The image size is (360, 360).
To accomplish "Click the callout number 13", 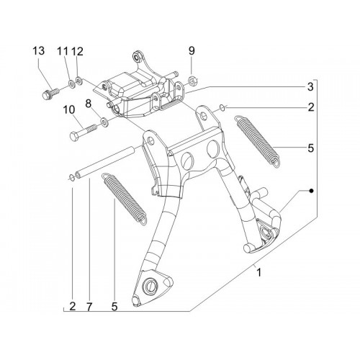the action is [x=39, y=51].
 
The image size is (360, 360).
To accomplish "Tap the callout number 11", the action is [x=63, y=51].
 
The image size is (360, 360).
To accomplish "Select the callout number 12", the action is [x=77, y=51].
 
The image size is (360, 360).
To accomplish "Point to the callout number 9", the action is [x=192, y=51].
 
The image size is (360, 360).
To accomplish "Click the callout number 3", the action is [x=310, y=86].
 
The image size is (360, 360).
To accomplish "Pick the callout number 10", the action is [x=69, y=110].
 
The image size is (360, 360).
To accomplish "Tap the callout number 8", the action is [x=89, y=104].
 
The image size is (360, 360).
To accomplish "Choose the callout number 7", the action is [x=89, y=307].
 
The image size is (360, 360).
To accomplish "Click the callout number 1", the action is [x=258, y=273].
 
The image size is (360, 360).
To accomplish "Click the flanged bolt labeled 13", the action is [x=50, y=94].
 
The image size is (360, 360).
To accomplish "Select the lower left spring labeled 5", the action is [x=124, y=199].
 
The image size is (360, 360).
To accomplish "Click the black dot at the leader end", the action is [x=311, y=191].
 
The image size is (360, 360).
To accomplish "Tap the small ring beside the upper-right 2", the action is [x=222, y=108].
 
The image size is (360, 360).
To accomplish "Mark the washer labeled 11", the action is [x=71, y=83].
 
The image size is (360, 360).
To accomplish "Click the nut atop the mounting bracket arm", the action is [x=138, y=56].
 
